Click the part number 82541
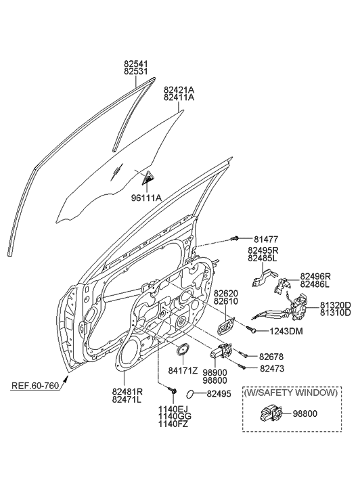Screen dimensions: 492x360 (x=136, y=64)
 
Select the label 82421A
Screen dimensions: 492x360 (x=179, y=89)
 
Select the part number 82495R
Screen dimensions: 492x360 (x=263, y=250)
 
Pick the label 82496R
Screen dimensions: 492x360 (x=317, y=276)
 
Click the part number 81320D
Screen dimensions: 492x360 (x=336, y=305)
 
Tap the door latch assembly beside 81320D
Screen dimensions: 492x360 (x=298, y=312)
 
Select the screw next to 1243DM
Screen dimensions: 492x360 (x=252, y=330)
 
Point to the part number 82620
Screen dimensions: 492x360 (x=227, y=293)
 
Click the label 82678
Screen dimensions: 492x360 (x=273, y=356)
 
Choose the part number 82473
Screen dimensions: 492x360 (x=273, y=368)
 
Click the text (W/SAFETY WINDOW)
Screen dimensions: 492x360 (x=291, y=393)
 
